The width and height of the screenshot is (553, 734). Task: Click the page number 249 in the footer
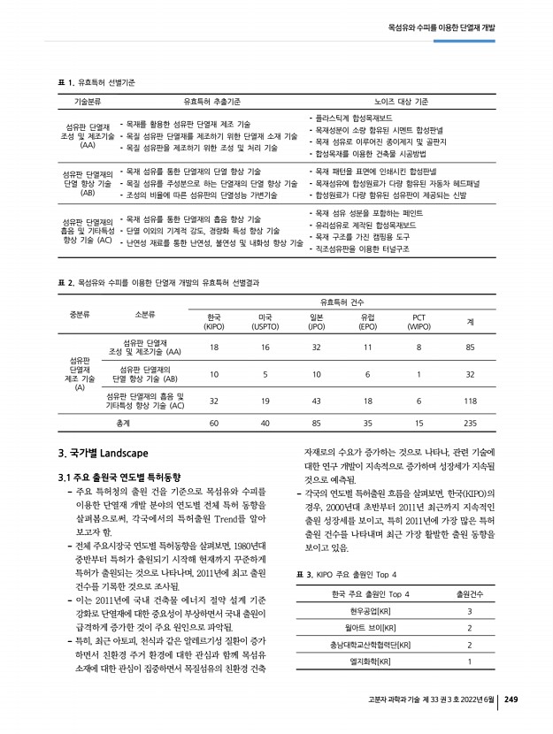(x=511, y=700)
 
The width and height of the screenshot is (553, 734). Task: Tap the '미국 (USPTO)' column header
(x=265, y=322)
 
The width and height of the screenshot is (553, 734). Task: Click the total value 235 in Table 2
(x=470, y=424)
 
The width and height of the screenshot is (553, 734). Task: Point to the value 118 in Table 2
(x=470, y=401)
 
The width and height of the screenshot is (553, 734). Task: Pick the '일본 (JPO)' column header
(x=316, y=322)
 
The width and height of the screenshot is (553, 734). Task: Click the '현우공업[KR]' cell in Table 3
(x=371, y=611)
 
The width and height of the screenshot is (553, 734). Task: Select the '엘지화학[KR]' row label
(x=371, y=661)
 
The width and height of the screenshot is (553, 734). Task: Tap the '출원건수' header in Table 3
(x=469, y=593)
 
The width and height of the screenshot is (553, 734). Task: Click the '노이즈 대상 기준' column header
(x=401, y=102)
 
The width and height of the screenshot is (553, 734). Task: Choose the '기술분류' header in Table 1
(x=88, y=102)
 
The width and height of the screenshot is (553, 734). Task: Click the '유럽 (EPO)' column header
(x=367, y=322)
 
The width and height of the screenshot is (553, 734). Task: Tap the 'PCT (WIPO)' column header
(x=419, y=322)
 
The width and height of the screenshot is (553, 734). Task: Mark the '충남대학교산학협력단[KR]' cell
(x=371, y=645)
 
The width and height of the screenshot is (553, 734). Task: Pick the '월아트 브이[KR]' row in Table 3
(x=371, y=628)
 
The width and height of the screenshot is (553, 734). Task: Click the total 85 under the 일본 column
(x=316, y=424)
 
